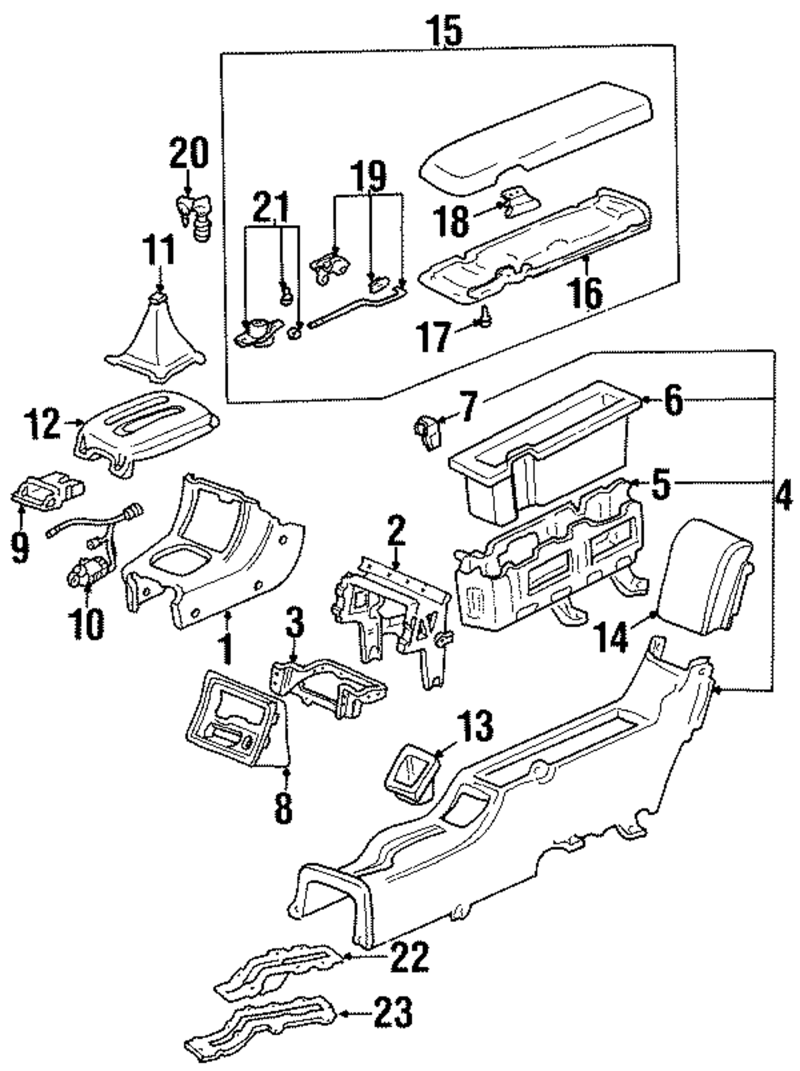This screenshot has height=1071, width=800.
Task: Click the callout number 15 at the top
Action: [x=444, y=30]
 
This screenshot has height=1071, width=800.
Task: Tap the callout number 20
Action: [x=189, y=153]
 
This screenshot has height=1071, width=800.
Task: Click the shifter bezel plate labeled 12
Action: [x=146, y=432]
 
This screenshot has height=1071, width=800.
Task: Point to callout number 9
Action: [x=20, y=546]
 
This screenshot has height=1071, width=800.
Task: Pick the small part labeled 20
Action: [x=194, y=215]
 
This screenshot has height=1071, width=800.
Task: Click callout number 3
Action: [x=295, y=621]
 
